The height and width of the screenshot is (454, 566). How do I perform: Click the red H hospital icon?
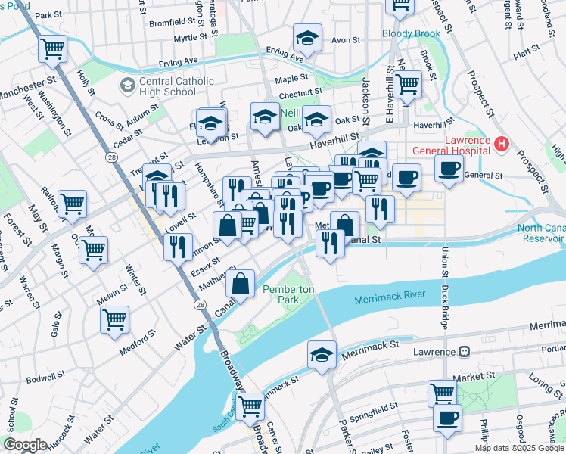pyautogui.click(x=500, y=143)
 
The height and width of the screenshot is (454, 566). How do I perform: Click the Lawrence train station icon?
pyautogui.click(x=462, y=352)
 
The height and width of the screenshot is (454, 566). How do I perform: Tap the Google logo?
pyautogui.click(x=26, y=444)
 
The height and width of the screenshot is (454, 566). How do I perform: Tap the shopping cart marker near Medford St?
pyautogui.click(x=114, y=320)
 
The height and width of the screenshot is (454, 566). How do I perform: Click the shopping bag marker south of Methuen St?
pyautogui.click(x=240, y=284)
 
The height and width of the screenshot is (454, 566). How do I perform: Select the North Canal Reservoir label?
pyautogui.click(x=540, y=234)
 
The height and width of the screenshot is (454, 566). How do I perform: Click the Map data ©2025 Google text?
pyautogui.click(x=519, y=448)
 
